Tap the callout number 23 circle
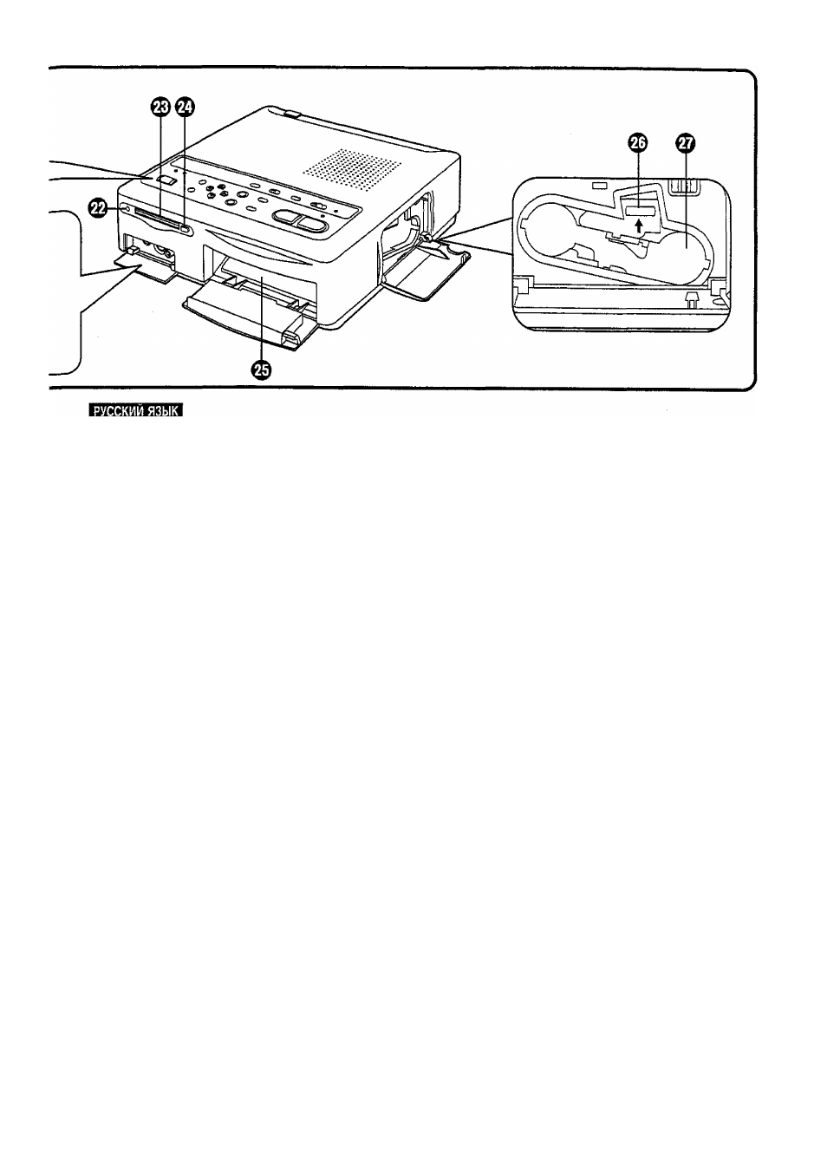point(161,108)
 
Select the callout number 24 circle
point(185,108)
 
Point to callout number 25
point(261,370)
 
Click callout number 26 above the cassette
point(637,143)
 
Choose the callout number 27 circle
point(684,143)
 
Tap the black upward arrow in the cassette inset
point(638,226)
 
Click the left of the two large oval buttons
point(286,217)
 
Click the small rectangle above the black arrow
point(637,211)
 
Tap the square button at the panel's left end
point(166,180)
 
